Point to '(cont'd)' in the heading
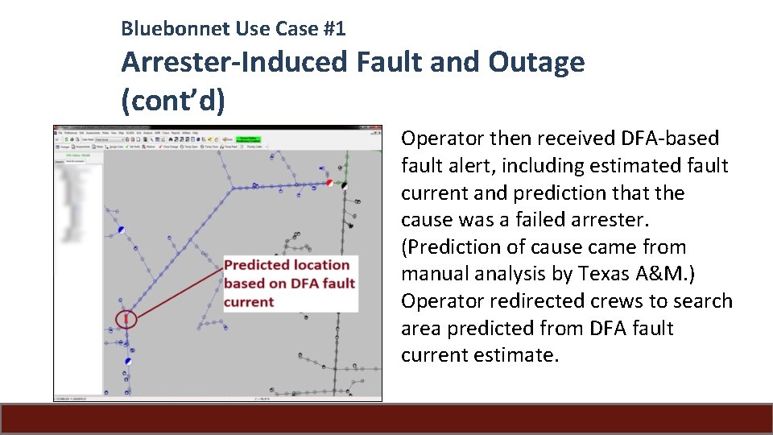click(x=173, y=101)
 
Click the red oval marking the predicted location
click(x=126, y=319)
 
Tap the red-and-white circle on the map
click(x=329, y=183)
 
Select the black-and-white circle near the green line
click(x=345, y=185)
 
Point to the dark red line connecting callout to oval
click(x=177, y=293)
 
